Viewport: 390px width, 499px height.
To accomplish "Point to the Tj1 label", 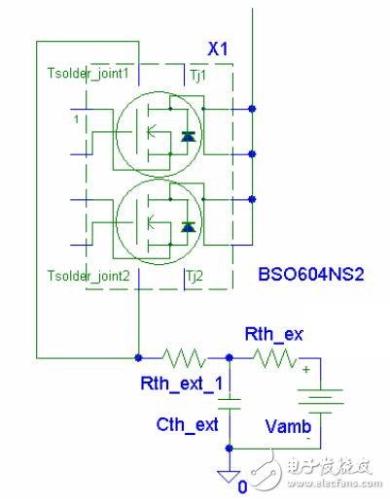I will tap(197, 74).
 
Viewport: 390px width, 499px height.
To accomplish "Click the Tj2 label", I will tap(197, 276).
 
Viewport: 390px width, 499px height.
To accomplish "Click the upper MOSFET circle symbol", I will tap(151, 135).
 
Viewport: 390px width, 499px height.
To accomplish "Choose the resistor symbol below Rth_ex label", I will tap(276, 358).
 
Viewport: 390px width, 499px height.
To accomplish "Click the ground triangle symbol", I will tap(229, 476).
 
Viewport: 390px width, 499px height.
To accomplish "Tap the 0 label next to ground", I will tap(242, 484).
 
